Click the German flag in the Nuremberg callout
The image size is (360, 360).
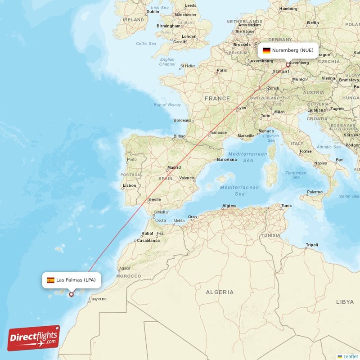266,50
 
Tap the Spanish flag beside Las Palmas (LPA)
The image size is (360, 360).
51,280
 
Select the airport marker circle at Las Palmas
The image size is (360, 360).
71,295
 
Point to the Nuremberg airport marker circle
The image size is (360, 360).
288,65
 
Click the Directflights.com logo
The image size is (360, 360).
34,338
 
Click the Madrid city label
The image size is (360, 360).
174,167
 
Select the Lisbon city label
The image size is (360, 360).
129,185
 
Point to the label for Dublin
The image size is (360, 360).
153,12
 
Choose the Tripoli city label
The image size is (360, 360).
312,245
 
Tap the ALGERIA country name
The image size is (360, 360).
220,292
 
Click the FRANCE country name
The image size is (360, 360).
217,98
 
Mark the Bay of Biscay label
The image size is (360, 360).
167,105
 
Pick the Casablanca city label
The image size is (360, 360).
148,240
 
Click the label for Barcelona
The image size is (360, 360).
227,159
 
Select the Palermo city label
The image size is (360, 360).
315,192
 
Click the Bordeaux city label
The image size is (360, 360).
182,120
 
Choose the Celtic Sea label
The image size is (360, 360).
146,44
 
